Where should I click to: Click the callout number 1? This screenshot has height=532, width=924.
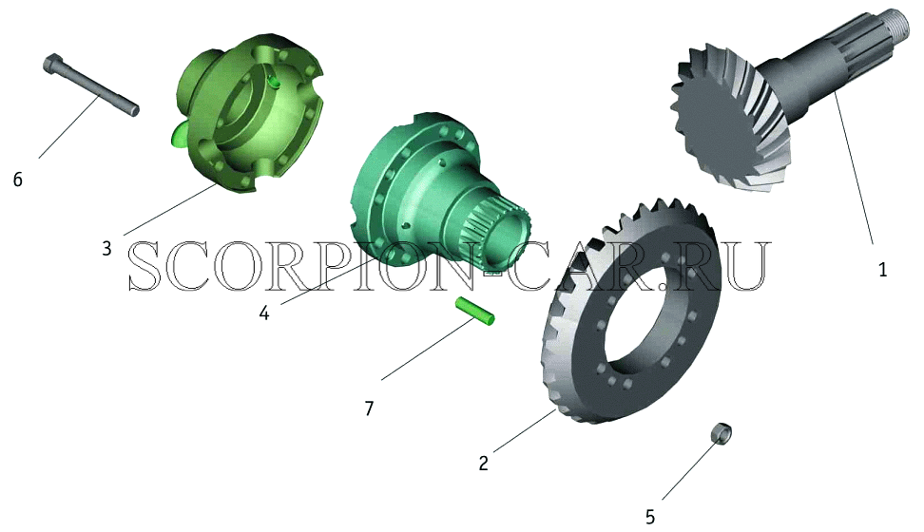[x=882, y=270]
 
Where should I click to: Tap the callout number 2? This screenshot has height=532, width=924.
[x=483, y=463]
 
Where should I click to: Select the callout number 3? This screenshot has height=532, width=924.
[x=106, y=249]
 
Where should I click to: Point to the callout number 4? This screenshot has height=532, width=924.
[x=264, y=313]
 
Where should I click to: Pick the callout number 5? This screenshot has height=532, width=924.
[x=650, y=517]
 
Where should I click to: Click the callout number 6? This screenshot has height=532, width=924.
[x=18, y=180]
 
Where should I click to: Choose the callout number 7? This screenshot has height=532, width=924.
[x=369, y=408]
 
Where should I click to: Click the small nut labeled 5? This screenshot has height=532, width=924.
[x=722, y=433]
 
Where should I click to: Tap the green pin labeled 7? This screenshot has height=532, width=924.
[x=474, y=311]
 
